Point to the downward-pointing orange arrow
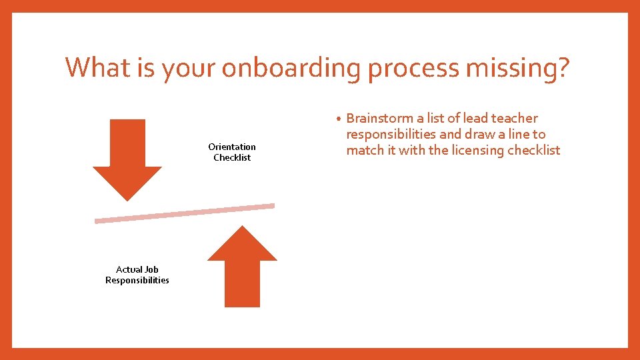point(127,160)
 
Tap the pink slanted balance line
point(185,213)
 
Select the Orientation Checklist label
point(232,152)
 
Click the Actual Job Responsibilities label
point(137,275)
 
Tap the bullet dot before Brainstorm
point(339,119)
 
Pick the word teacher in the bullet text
point(514,119)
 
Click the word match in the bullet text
point(364,151)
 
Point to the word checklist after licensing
point(534,151)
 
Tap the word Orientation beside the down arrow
point(232,147)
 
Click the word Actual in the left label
point(129,269)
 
